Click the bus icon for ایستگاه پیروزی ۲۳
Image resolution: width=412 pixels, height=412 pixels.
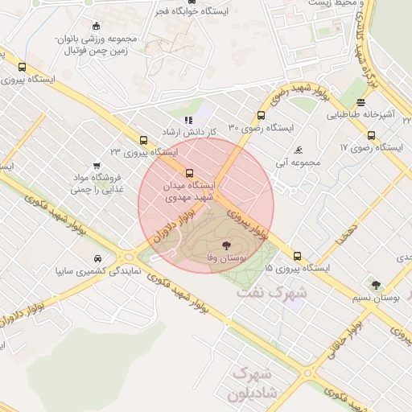pyautogui.click(x=143, y=139)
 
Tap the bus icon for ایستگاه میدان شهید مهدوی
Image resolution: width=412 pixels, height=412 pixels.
pyautogui.click(x=190, y=172)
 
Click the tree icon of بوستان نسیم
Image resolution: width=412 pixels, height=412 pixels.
pyautogui.click(x=376, y=284)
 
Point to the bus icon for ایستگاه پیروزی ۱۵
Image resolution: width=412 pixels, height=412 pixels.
pyautogui.click(x=298, y=255)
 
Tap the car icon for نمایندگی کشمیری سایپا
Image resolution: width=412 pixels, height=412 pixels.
pyautogui.click(x=97, y=258)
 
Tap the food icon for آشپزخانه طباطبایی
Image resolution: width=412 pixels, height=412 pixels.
pyautogui.click(x=360, y=102)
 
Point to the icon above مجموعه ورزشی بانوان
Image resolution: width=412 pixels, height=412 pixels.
pyautogui.click(x=97, y=26)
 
